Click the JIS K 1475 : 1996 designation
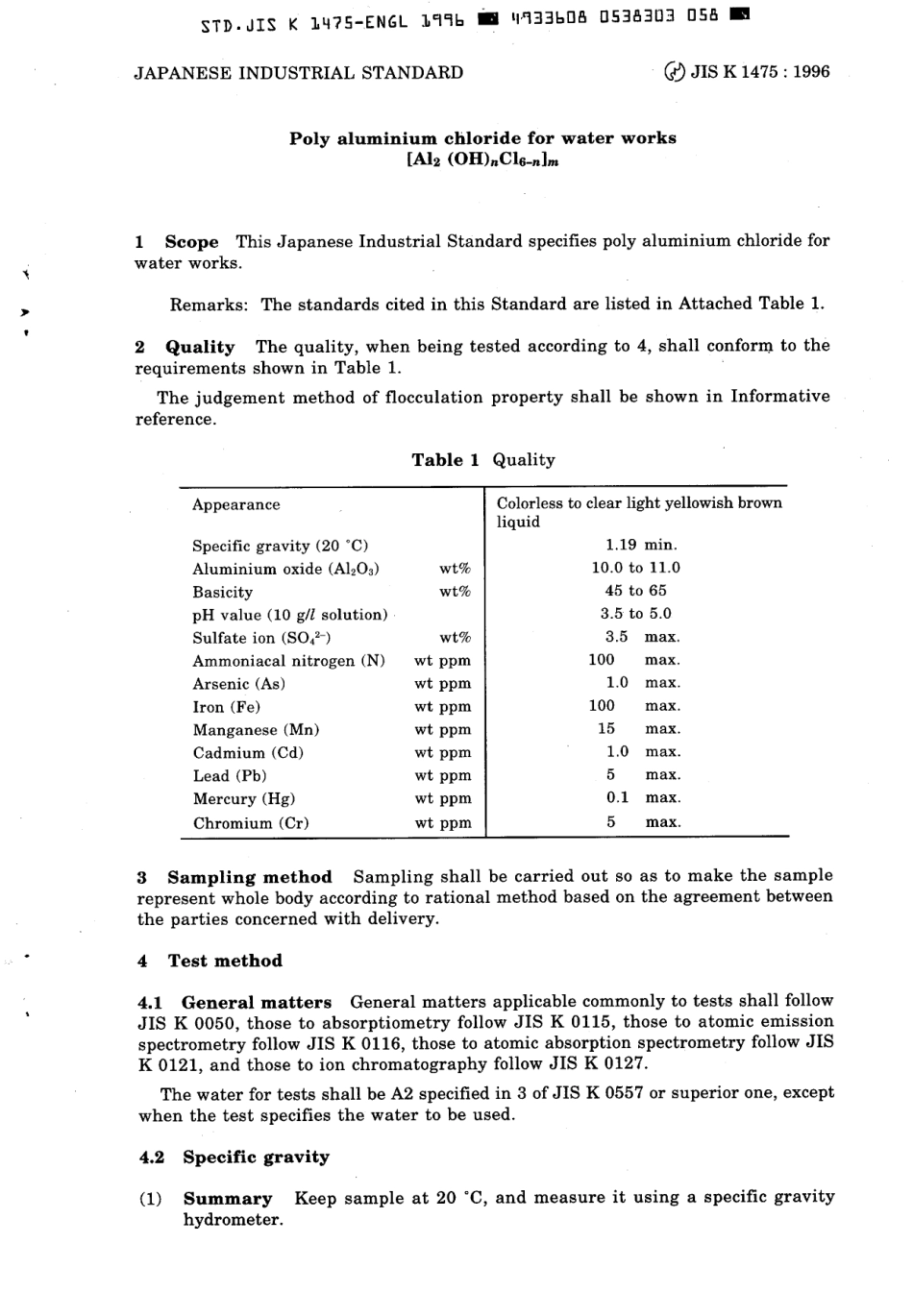pos(759,72)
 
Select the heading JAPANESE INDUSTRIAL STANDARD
pos(298,73)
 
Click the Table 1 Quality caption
pos(482,460)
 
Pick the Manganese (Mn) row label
pos(256,730)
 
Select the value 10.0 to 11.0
pos(635,568)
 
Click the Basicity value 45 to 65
pos(635,591)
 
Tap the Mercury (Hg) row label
pos(244,799)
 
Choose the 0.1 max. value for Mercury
pos(642,798)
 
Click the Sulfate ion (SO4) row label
pos(261,638)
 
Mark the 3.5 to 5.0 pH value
pos(635,614)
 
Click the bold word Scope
pos(191,242)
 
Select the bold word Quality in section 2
pos(200,347)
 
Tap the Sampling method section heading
pos(249,877)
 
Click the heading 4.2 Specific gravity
pos(234,1158)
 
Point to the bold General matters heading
pos(257,1002)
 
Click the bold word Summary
pos(228,1199)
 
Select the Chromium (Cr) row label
pos(251,823)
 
